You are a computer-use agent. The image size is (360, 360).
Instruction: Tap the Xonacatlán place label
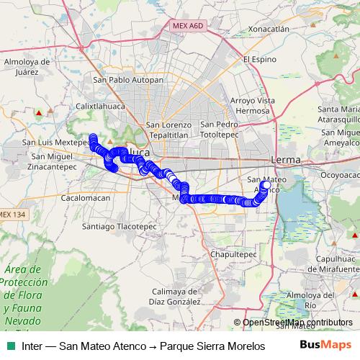(x=268, y=29)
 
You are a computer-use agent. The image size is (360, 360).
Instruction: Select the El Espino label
(x=260, y=59)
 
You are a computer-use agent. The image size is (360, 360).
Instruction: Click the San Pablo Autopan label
(x=128, y=79)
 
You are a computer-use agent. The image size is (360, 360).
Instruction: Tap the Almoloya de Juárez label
(x=26, y=66)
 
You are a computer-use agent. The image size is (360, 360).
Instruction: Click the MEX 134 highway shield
(x=14, y=215)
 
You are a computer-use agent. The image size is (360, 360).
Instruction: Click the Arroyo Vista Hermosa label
(x=257, y=105)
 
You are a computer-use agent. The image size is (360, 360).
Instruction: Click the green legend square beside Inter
(x=10, y=345)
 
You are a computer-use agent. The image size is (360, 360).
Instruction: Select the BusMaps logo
(x=325, y=345)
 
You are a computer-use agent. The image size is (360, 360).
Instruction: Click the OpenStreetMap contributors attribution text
(x=297, y=323)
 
